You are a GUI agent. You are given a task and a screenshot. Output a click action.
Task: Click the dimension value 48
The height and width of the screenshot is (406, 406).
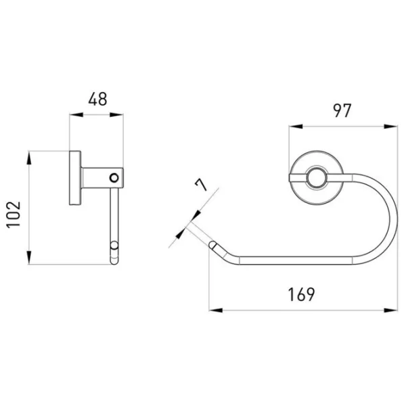(97, 99)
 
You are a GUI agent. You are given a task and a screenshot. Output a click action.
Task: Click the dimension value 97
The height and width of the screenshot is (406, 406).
(342, 110)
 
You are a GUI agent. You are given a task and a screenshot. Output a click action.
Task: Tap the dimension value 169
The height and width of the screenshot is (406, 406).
(302, 295)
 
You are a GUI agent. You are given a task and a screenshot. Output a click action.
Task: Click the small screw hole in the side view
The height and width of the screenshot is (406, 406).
(114, 179)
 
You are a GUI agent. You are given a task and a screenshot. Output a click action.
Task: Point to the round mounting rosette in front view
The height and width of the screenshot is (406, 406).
(315, 179)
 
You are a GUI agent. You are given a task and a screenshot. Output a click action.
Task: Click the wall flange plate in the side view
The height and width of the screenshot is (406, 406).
(74, 178)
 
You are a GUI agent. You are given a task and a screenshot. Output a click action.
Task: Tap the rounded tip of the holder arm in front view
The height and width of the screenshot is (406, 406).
(213, 244)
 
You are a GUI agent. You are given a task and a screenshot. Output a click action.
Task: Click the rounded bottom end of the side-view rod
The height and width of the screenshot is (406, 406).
(114, 256)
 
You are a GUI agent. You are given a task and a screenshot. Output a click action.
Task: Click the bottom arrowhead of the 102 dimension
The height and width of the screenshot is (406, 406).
(30, 260)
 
